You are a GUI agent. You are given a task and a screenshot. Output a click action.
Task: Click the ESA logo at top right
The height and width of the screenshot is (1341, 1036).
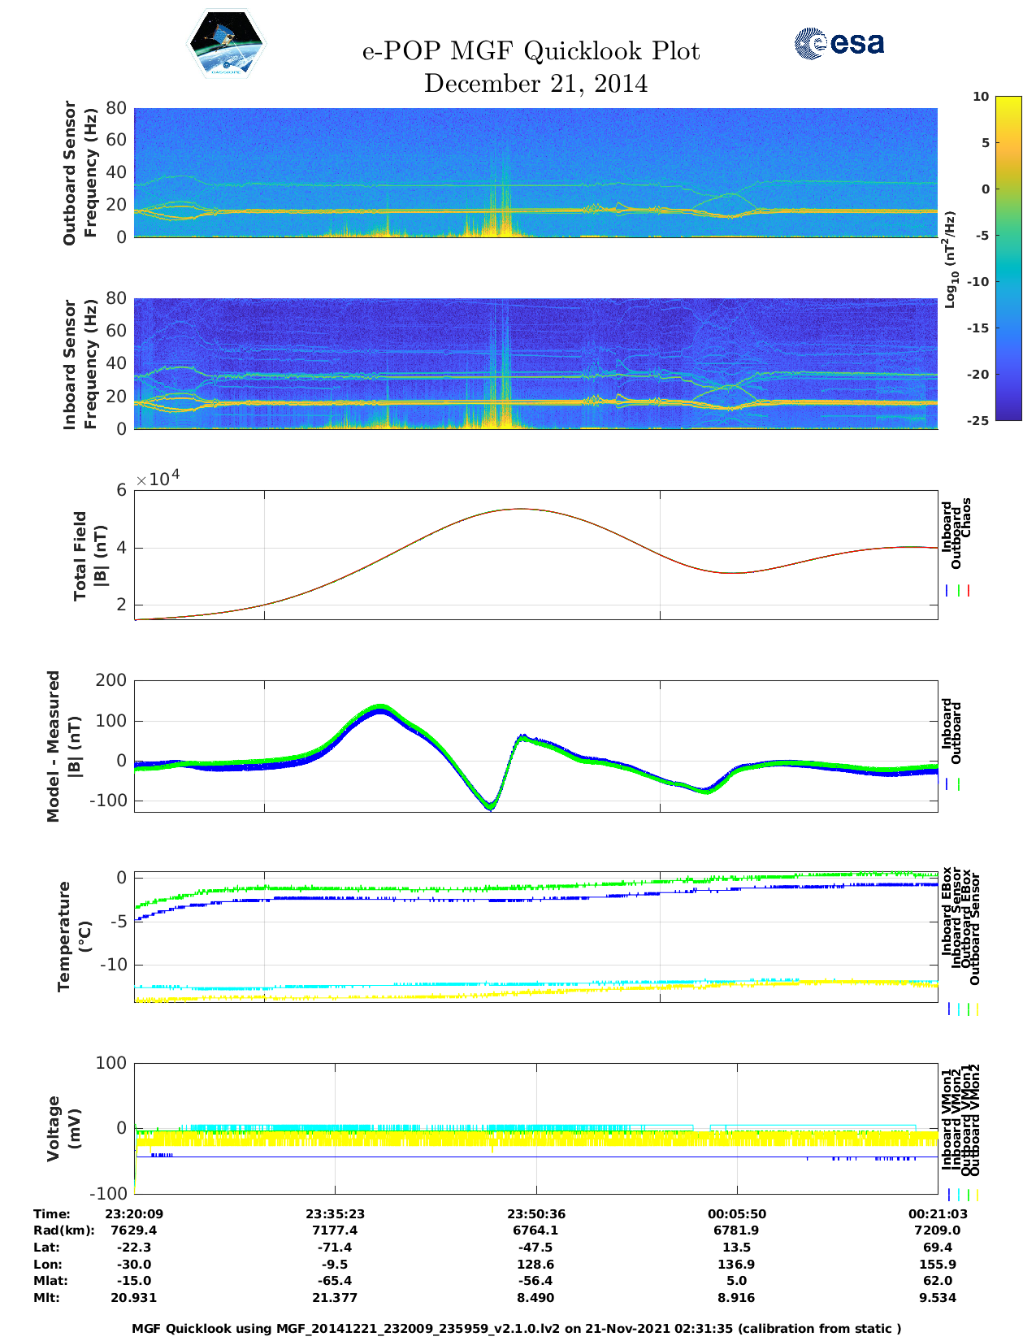click(x=839, y=44)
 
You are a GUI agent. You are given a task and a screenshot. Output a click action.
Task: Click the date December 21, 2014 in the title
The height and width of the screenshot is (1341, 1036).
click(x=535, y=84)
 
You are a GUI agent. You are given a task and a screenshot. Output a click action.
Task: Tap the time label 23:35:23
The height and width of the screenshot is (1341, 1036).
click(x=335, y=1214)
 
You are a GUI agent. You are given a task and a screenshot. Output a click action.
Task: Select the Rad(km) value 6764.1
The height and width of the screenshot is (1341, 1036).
click(x=535, y=1230)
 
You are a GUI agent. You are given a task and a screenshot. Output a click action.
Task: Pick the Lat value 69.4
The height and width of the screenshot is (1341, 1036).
click(x=937, y=1248)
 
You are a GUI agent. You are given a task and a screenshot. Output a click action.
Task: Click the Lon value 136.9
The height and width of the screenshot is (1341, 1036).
click(x=736, y=1265)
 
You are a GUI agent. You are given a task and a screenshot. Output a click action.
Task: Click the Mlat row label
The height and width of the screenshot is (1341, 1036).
click(x=50, y=1281)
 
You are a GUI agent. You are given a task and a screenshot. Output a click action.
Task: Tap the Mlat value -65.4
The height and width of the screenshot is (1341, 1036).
click(x=335, y=1281)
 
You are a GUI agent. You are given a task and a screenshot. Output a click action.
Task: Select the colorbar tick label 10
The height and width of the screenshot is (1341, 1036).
click(x=981, y=97)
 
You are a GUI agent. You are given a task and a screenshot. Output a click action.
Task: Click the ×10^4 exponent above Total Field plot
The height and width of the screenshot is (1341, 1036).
click(x=158, y=479)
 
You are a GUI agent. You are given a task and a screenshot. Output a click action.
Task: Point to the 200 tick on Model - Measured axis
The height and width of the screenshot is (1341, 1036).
click(x=111, y=680)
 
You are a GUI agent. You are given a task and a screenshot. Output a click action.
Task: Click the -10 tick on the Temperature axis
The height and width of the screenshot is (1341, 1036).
click(x=112, y=965)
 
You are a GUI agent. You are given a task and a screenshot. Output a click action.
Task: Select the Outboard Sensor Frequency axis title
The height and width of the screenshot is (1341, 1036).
click(x=80, y=172)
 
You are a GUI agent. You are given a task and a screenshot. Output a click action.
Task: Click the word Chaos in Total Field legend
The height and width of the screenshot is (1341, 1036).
click(x=965, y=518)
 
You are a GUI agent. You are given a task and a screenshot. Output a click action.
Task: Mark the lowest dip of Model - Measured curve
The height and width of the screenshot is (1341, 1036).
click(x=490, y=808)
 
